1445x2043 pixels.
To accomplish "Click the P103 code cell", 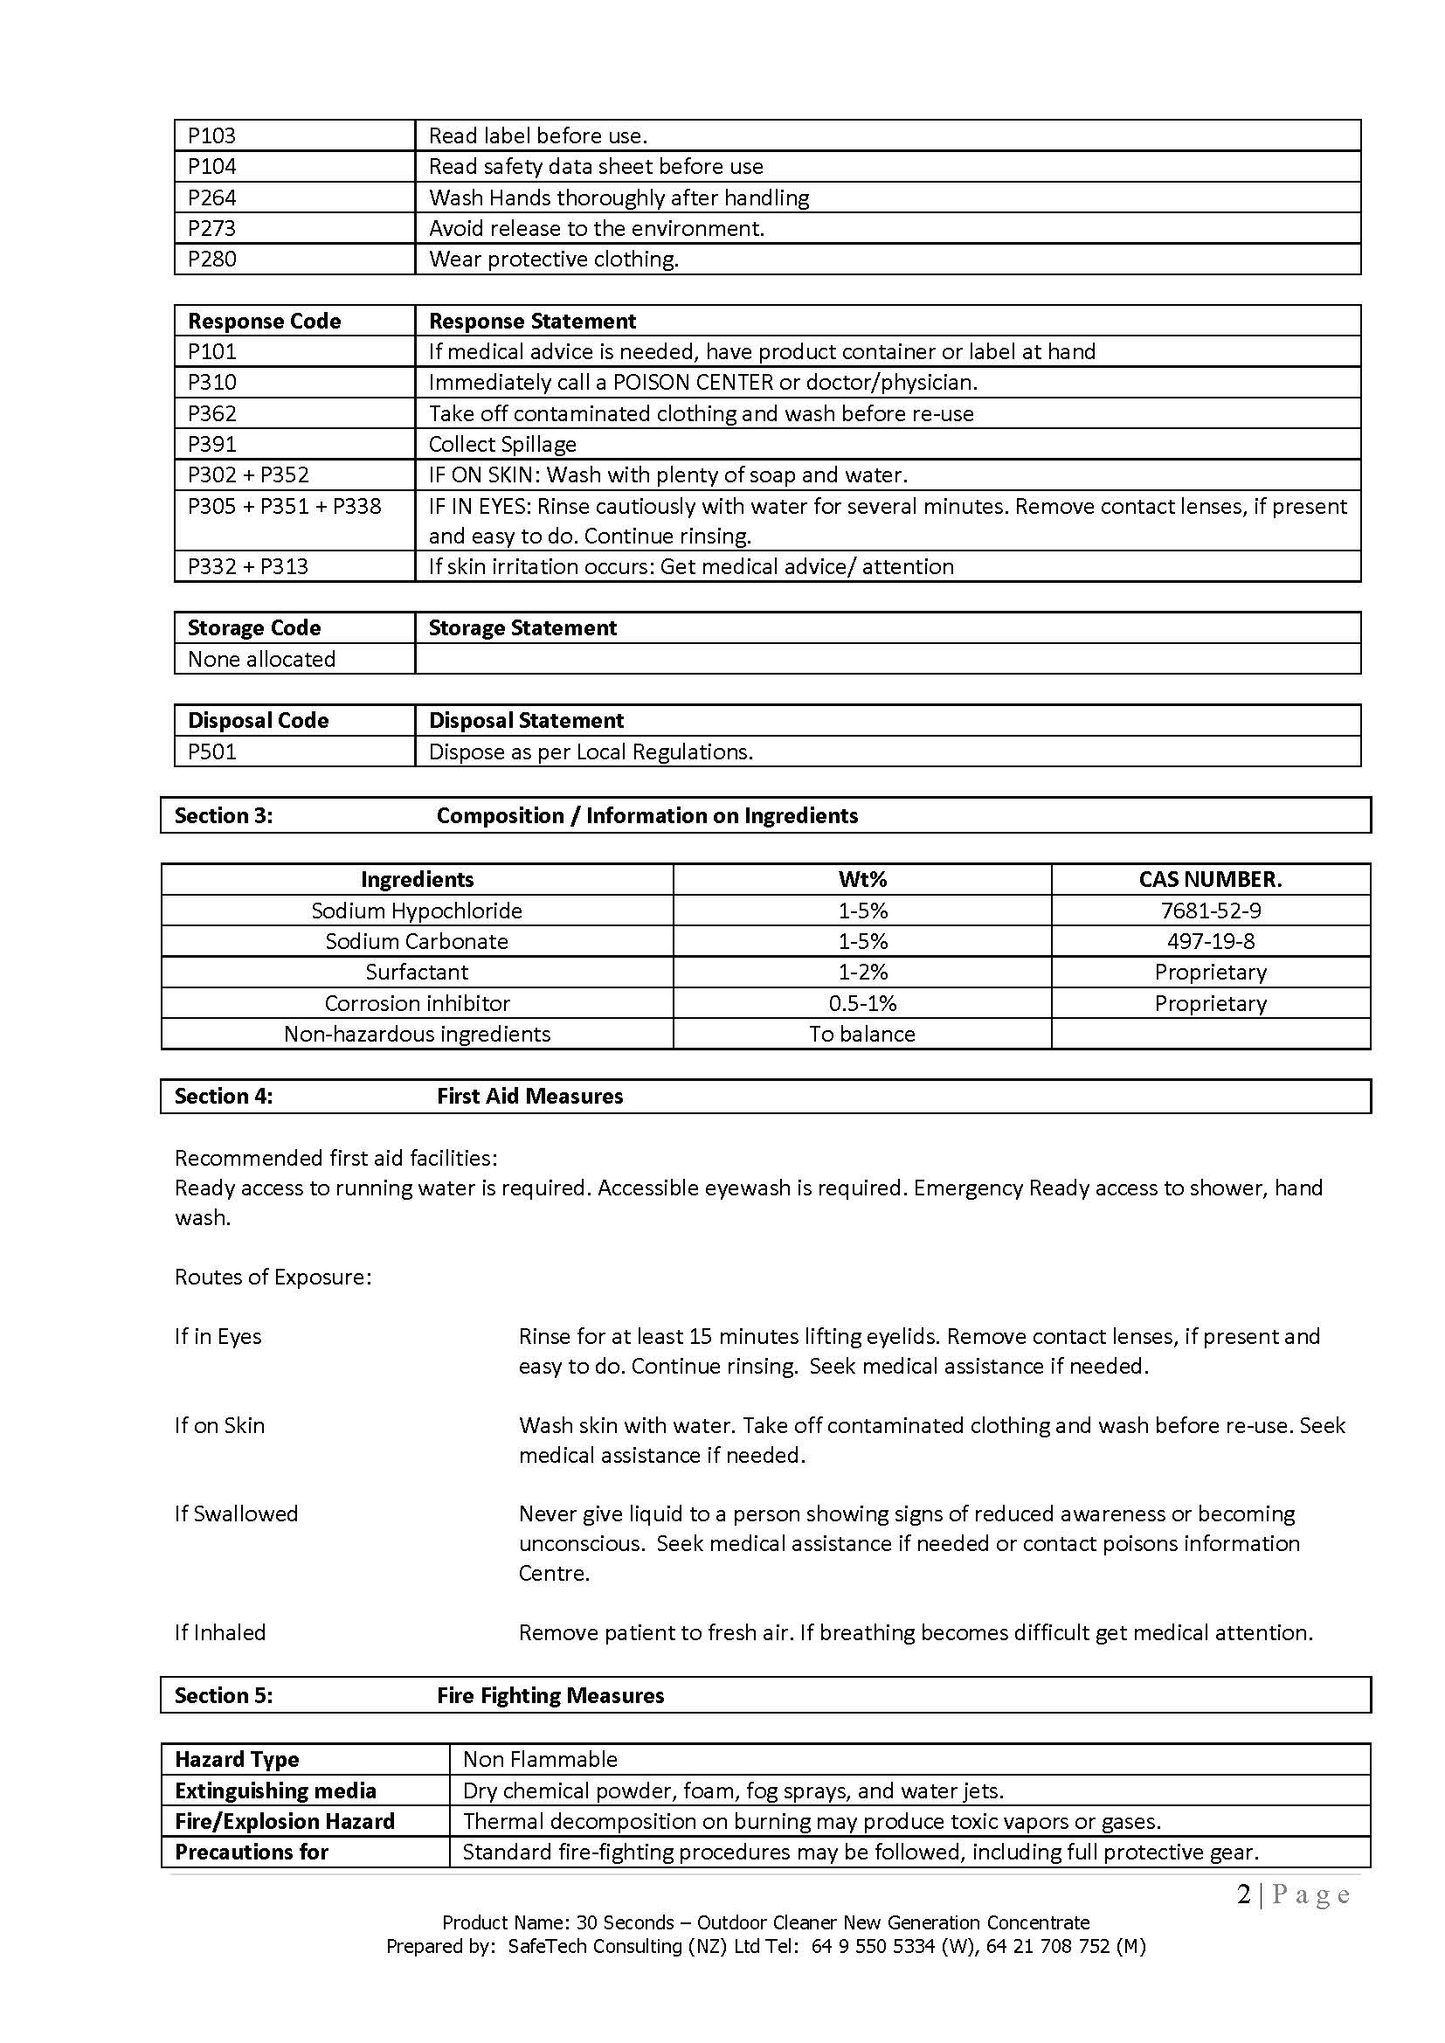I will coord(211,136).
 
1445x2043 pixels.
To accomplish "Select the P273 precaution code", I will coord(211,229).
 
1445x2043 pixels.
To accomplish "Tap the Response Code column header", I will coord(264,322).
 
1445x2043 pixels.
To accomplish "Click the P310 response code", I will coord(211,383).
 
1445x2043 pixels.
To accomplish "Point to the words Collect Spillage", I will coord(502,444).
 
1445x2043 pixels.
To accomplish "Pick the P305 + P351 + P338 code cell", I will coord(285,506).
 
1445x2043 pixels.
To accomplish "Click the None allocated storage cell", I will coord(261,660).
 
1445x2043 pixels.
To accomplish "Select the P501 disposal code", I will coord(211,751).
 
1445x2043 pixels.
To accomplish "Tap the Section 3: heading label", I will coord(224,816).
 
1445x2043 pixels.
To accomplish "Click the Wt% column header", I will coord(862,880).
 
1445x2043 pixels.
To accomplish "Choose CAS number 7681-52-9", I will coord(1210,911).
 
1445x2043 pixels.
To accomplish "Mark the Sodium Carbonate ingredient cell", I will coord(417,941).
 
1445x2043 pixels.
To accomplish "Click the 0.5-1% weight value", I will coord(862,1004).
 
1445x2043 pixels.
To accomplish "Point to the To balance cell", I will coord(862,1034).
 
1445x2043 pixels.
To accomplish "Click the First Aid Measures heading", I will coord(529,1097).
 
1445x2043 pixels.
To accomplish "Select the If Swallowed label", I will coord(236,1513).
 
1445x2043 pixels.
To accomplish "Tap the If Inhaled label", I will coord(220,1633).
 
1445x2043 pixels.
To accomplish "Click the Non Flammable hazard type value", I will coord(540,1759).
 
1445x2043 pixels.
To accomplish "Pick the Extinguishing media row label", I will coord(276,1790).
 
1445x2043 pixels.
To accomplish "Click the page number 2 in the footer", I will coord(1244,1894).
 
